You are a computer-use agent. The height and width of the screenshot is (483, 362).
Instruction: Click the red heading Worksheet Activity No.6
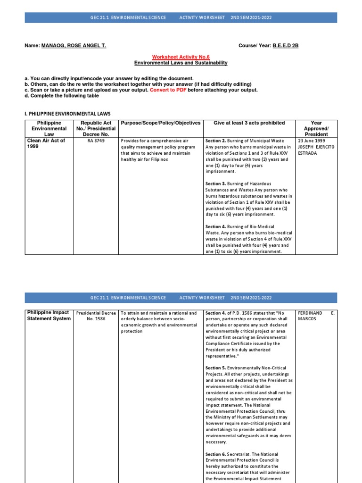click(x=181, y=57)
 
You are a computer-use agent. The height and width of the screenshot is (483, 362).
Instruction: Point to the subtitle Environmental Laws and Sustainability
click(x=181, y=63)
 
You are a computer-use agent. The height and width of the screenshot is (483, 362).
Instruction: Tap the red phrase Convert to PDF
click(x=168, y=90)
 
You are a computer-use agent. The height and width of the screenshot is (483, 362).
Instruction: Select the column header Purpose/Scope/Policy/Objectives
click(x=161, y=123)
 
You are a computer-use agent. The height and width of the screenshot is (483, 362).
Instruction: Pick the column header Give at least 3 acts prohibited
click(x=249, y=123)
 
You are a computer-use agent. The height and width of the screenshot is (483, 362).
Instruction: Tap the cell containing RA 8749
click(x=96, y=141)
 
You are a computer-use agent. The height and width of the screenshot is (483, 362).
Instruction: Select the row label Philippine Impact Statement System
click(x=49, y=316)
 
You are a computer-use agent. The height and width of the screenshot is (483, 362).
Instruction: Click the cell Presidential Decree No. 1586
click(x=96, y=316)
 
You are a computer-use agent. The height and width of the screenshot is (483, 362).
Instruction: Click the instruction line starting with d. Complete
click(x=62, y=96)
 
